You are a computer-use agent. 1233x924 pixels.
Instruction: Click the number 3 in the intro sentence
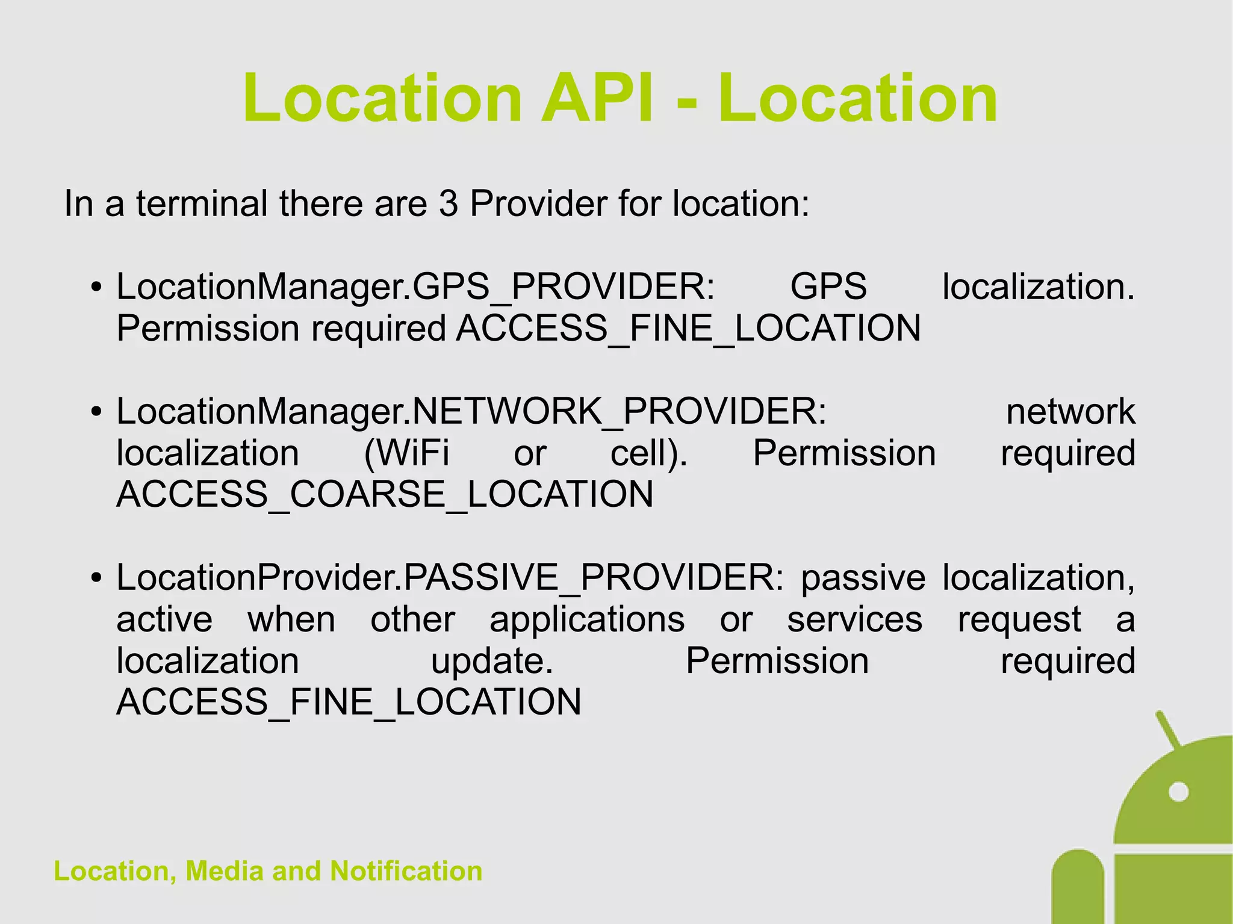point(448,204)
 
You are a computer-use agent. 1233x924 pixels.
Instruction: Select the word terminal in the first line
point(201,204)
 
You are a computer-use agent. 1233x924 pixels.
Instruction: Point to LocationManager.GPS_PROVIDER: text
point(415,287)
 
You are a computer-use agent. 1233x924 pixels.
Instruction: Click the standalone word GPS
point(828,287)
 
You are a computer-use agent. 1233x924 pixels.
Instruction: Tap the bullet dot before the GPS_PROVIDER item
point(96,288)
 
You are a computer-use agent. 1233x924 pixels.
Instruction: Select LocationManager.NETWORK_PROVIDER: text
point(471,412)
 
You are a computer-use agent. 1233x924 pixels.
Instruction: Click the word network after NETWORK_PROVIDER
point(1070,412)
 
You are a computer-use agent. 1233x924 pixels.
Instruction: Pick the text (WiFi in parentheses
point(406,453)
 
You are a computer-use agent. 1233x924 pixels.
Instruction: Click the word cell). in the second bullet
point(648,453)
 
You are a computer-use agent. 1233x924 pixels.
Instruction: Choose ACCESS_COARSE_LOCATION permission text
point(385,495)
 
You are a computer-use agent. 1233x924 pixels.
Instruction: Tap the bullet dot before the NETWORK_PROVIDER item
point(96,413)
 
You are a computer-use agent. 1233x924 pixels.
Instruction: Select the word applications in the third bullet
point(587,619)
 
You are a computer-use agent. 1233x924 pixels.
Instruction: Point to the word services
point(854,619)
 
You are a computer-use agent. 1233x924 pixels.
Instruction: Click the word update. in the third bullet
point(492,661)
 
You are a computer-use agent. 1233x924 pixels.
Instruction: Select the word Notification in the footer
point(406,871)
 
